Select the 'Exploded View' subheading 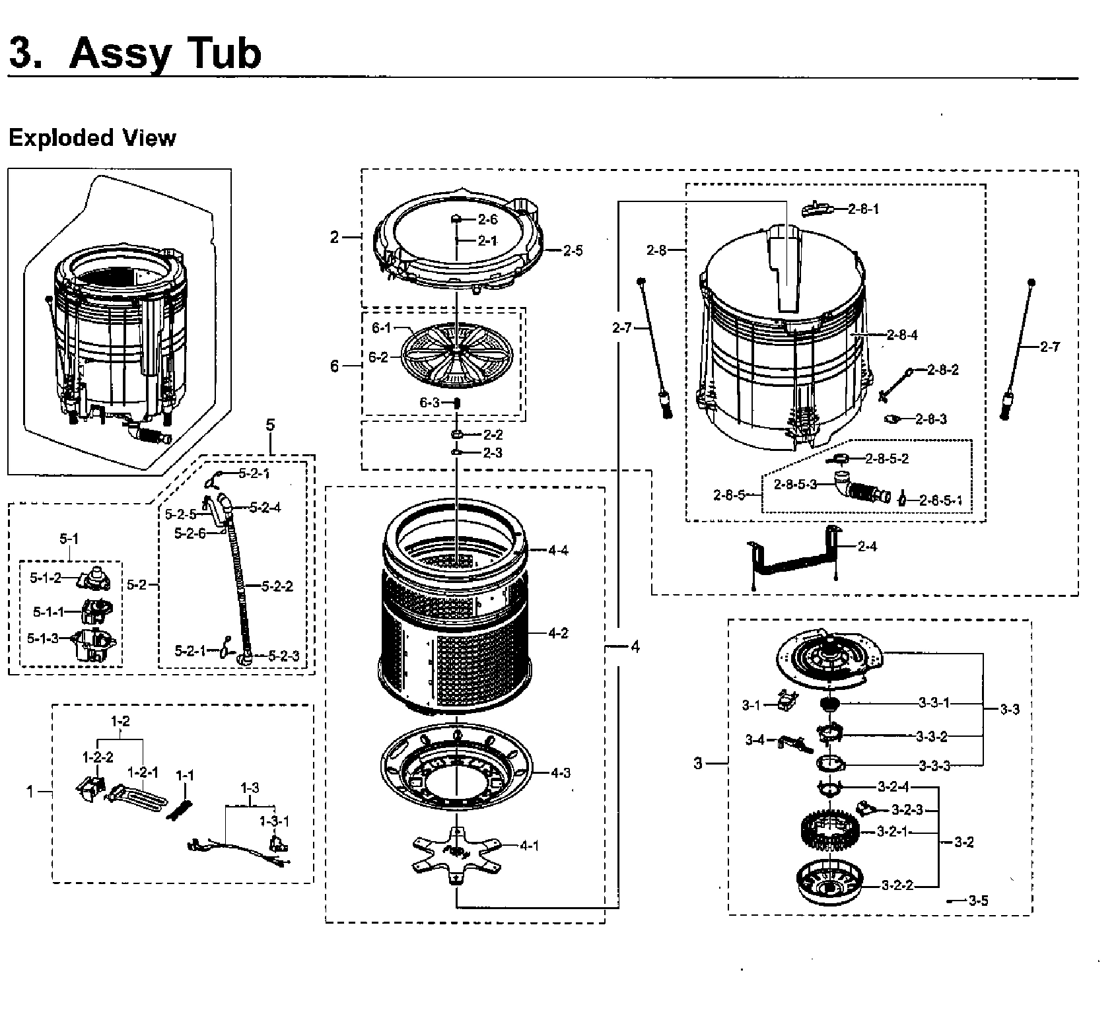coord(92,138)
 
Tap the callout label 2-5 coord(573,251)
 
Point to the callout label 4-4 coord(557,550)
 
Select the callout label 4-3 coord(559,773)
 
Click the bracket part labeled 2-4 coord(792,559)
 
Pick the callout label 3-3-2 coord(932,735)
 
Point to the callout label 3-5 coord(978,901)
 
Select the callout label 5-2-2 coord(277,586)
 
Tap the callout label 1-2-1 coord(143,772)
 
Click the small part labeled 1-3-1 coord(277,844)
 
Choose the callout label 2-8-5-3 coord(795,484)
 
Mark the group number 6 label coord(335,365)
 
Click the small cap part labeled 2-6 coord(456,218)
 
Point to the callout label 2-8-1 coord(864,209)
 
